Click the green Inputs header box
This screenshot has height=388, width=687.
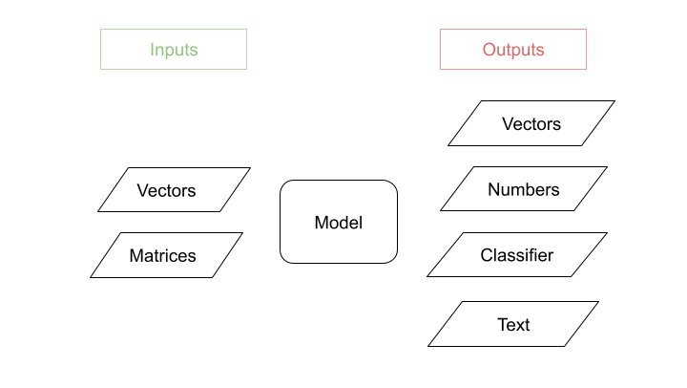(x=174, y=49)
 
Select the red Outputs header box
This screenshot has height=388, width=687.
(x=512, y=49)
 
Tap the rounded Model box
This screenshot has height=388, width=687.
(x=339, y=222)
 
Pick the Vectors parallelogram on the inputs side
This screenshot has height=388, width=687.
(x=174, y=190)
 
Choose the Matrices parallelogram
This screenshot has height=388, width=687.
(x=166, y=255)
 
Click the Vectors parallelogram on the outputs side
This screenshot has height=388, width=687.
(x=531, y=123)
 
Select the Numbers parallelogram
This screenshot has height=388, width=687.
(x=524, y=189)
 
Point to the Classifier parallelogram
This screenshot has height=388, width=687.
(x=516, y=255)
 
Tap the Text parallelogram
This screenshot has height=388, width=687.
(x=513, y=324)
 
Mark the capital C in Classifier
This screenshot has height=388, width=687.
(x=486, y=255)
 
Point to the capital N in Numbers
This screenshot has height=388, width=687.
(x=493, y=189)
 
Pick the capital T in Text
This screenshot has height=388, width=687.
(x=502, y=325)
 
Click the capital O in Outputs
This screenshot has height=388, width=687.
(x=489, y=50)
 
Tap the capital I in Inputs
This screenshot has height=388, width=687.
(x=152, y=50)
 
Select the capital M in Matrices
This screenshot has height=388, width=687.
(x=135, y=255)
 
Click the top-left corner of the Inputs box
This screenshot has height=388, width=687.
(x=101, y=29)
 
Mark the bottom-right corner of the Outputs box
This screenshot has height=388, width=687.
(x=586, y=69)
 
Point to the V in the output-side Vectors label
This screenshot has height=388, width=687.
(x=508, y=124)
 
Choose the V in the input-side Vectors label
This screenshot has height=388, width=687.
(x=142, y=190)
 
